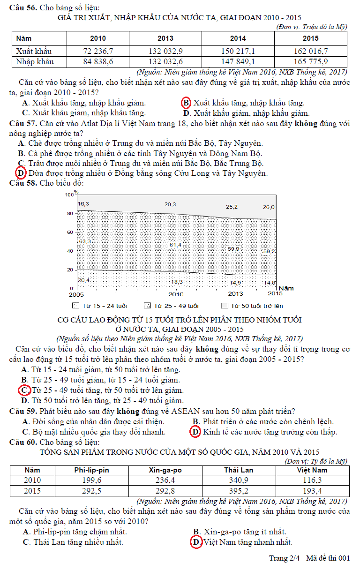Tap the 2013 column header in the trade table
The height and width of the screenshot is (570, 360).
coord(165,38)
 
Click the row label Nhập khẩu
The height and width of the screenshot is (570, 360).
coord(34,61)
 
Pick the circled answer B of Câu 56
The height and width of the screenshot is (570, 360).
coord(186,103)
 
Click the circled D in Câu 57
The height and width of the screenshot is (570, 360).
coord(21,173)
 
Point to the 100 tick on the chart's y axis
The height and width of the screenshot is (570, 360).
coord(69,195)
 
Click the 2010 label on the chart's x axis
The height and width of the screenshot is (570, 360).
coord(176,294)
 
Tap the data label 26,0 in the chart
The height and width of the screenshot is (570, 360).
coord(269,207)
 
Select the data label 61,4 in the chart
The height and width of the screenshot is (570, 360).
coord(176,245)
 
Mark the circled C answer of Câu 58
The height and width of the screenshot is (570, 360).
coord(23,390)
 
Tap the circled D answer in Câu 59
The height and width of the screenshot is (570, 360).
coord(195,432)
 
